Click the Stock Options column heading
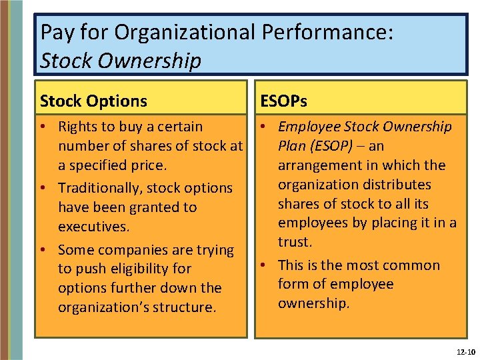[x=93, y=101]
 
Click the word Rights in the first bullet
[x=77, y=127]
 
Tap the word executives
[x=93, y=227]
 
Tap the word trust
[x=295, y=242]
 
